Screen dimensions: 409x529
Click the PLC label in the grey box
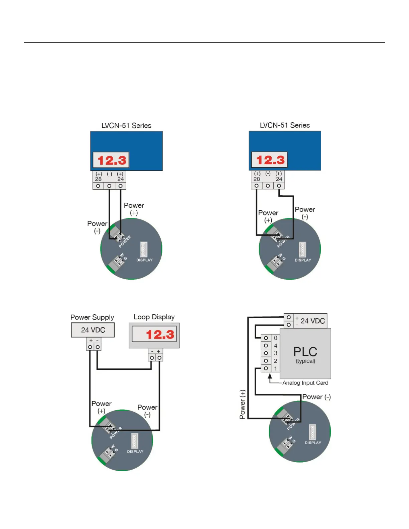click(x=305, y=352)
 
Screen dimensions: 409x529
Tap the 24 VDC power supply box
click(x=93, y=330)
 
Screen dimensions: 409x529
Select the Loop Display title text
click(x=154, y=317)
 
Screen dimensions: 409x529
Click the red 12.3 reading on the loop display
click(x=160, y=334)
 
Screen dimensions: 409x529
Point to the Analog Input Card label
click(x=305, y=383)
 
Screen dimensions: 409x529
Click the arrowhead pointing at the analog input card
click(x=270, y=376)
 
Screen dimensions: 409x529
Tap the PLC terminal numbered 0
click(x=266, y=338)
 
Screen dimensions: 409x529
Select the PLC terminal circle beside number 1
click(x=266, y=368)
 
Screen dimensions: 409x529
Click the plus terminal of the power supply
click(x=90, y=347)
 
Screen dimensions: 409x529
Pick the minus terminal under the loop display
click(x=152, y=358)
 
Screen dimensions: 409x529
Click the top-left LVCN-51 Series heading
click(x=126, y=126)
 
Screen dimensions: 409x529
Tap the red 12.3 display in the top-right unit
click(x=270, y=160)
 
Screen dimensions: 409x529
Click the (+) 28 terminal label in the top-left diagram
click(x=99, y=176)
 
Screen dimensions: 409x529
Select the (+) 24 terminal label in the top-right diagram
click(x=279, y=176)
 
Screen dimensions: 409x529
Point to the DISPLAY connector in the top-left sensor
click(x=144, y=249)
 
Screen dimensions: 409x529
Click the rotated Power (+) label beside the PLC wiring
click(x=243, y=404)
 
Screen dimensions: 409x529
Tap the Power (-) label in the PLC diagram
click(x=316, y=397)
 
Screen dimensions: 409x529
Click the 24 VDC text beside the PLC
click(x=312, y=321)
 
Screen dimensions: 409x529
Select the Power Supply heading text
click(x=92, y=317)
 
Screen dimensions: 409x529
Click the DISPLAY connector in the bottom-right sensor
click(x=312, y=432)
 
